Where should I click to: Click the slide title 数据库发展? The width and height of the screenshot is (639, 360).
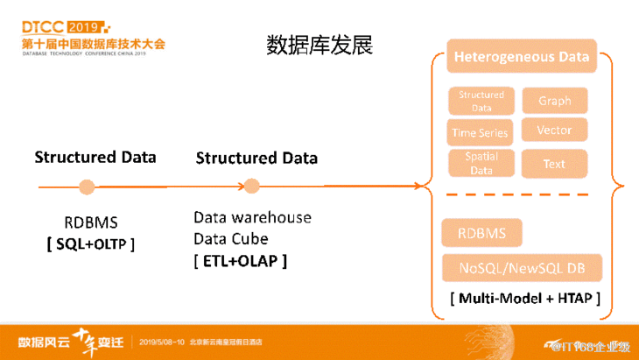coord(319,46)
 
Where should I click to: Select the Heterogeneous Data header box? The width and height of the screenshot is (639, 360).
coord(521,58)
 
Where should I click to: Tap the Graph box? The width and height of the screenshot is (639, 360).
coord(554,101)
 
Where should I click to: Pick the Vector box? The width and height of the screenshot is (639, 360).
coord(554,131)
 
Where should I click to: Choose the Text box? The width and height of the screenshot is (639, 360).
coord(554,164)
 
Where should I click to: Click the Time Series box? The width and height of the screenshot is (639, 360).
coord(481,133)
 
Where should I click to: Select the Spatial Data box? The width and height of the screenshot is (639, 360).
coord(481,164)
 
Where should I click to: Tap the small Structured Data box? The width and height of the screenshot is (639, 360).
coord(481,101)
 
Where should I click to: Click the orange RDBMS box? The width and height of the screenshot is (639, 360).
coord(482,234)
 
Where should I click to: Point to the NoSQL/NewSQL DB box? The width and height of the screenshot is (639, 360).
coord(522,267)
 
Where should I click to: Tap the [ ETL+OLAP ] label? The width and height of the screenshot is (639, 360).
coord(241,261)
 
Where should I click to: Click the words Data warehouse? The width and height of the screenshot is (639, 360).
coord(252,217)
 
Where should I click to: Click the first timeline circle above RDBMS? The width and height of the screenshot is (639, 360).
coord(87,187)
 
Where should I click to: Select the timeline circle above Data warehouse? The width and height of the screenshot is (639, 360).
coord(252,186)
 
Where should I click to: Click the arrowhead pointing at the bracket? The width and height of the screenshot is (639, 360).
coord(414,186)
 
